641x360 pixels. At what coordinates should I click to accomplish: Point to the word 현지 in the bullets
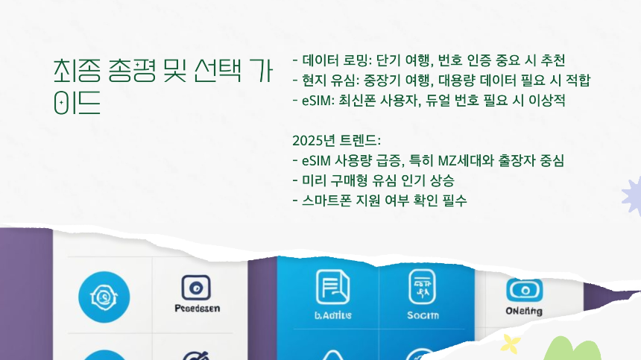coord(316,80)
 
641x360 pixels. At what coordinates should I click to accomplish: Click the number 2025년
coord(314,140)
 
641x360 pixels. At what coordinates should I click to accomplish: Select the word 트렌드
coord(360,140)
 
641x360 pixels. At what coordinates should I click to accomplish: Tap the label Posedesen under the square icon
coord(197,308)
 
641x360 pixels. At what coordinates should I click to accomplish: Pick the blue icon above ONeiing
coord(525,288)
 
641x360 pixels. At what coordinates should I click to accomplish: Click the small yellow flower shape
coord(511,344)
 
